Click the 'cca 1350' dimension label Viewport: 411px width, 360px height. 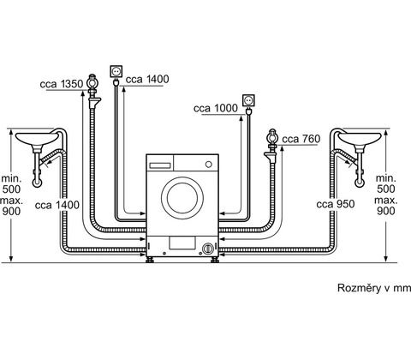pos(62,84)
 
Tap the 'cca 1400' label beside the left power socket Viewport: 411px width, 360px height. pos(147,79)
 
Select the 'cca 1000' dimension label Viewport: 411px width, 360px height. pos(216,108)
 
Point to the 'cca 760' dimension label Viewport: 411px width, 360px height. pos(301,139)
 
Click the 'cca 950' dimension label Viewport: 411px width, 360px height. pos(336,204)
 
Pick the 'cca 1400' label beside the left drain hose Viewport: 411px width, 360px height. pos(57,205)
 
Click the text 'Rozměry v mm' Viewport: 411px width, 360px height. pos(374,288)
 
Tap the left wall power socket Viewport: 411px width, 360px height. pos(116,71)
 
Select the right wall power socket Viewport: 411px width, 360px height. pos(248,100)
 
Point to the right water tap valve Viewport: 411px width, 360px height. pos(272,138)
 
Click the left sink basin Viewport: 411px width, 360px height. pos(37,139)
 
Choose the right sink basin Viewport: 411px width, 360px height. pos(360,139)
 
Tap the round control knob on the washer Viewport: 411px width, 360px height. pos(209,165)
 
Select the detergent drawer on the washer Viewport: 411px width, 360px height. pos(160,165)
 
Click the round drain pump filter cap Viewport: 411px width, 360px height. pos(208,248)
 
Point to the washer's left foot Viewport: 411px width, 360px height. pos(150,260)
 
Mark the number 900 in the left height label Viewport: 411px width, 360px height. pos(12,211)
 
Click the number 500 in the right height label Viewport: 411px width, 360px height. pos(386,189)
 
